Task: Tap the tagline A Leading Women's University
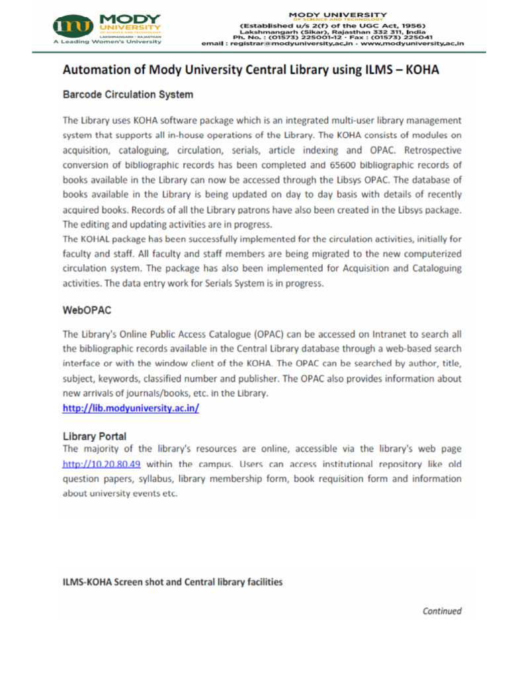(107, 41)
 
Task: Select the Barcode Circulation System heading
(128, 95)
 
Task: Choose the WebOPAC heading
(87, 309)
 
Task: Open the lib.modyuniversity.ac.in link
(131, 409)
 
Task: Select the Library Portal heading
(95, 436)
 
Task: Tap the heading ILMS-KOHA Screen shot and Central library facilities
(173, 582)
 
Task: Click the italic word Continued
(442, 611)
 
